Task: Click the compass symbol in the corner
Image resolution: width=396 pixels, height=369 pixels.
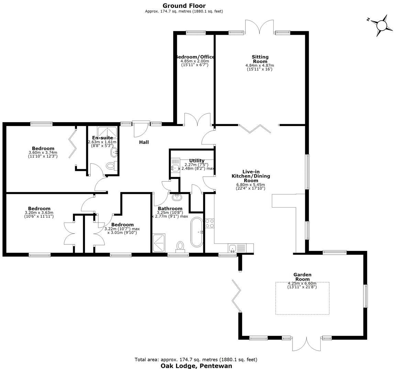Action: click(x=381, y=25)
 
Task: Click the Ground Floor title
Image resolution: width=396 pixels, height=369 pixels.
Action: click(x=184, y=6)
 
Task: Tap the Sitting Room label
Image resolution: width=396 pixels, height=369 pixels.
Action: click(x=260, y=59)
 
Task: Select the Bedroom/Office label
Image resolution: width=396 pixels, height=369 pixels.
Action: click(x=195, y=57)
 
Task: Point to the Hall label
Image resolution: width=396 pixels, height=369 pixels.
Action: click(x=144, y=142)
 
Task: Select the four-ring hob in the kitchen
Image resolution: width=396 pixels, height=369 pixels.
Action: click(x=209, y=223)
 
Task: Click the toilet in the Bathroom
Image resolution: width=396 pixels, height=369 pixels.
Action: click(x=180, y=245)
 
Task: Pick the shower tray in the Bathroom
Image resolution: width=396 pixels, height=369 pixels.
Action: click(x=159, y=244)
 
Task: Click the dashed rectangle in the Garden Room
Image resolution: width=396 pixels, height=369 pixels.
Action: click(x=302, y=298)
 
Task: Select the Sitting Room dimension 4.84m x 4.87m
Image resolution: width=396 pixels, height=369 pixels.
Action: click(x=260, y=65)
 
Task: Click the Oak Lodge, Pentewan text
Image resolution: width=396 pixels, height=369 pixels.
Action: click(x=196, y=366)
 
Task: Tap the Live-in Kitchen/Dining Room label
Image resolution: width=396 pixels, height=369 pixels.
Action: click(x=251, y=176)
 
